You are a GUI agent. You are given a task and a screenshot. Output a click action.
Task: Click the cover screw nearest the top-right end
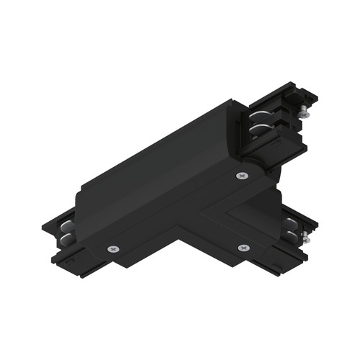239,176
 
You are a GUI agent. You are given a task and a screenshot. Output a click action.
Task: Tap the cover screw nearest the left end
113,248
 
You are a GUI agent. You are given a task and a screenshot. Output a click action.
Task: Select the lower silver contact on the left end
67,237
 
